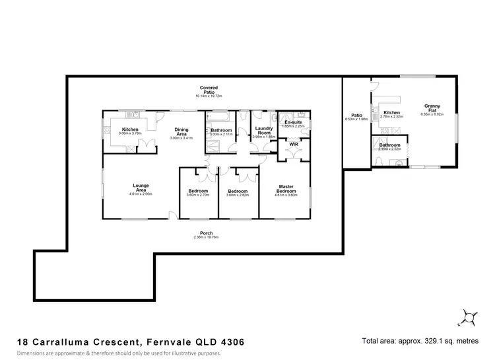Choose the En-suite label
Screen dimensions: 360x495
click(x=292, y=123)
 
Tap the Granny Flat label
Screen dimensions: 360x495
click(x=433, y=108)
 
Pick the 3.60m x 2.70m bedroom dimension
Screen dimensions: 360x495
click(x=198, y=196)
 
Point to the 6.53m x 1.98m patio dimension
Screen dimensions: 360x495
click(x=356, y=120)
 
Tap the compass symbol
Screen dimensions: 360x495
click(x=469, y=318)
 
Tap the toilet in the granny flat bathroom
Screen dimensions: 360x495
click(x=399, y=162)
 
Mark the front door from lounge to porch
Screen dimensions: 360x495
click(x=173, y=215)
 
